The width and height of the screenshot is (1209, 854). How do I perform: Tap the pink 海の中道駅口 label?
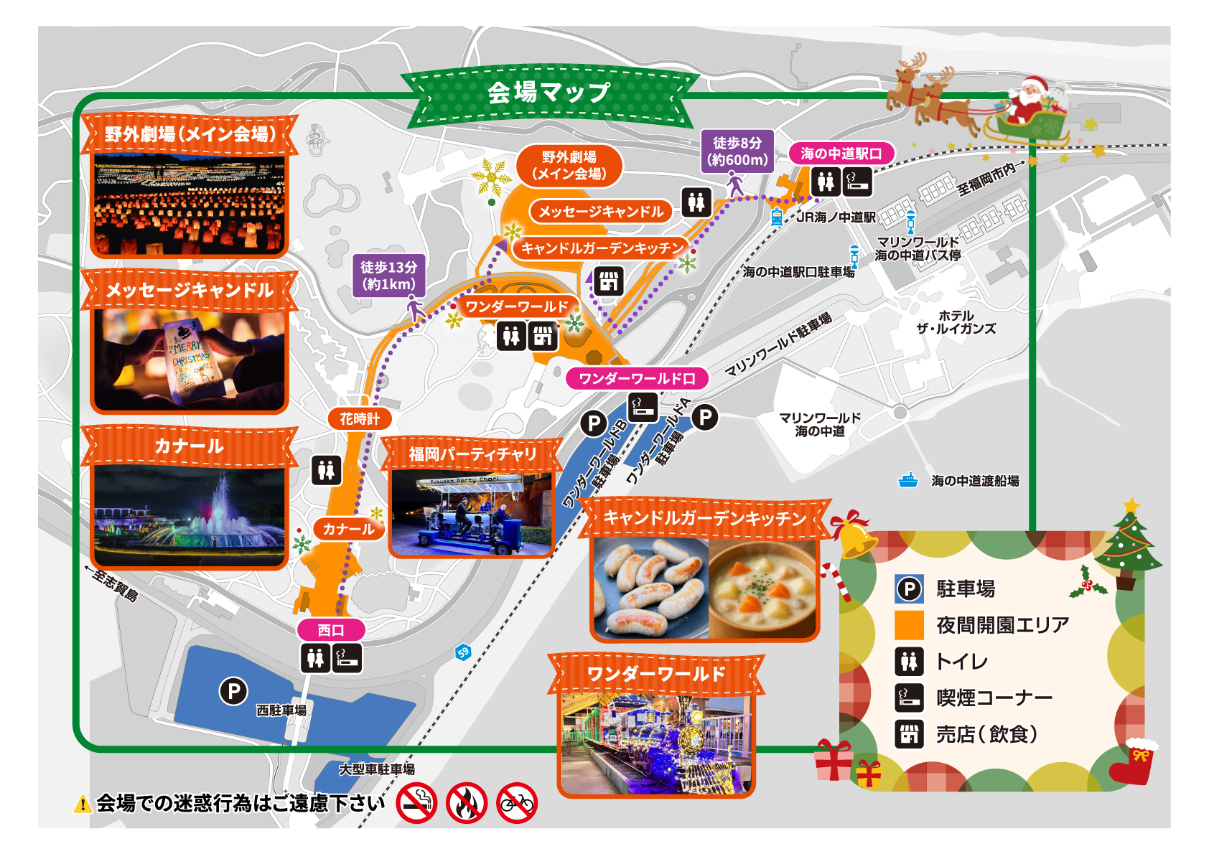(x=841, y=154)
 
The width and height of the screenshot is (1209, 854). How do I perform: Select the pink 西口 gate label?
(x=331, y=630)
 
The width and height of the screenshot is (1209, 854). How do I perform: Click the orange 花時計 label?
(x=359, y=418)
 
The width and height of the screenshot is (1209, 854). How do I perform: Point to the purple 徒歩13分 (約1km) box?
(x=388, y=276)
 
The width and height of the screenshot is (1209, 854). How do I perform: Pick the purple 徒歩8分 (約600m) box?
(x=737, y=151)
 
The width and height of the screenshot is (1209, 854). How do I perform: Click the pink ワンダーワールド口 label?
(x=637, y=378)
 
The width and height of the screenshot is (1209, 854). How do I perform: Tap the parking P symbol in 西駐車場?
(x=233, y=692)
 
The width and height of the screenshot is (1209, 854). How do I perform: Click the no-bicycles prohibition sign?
(x=517, y=803)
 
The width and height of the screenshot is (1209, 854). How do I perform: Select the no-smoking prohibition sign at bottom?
(x=417, y=803)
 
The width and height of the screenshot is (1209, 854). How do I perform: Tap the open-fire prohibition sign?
(x=467, y=803)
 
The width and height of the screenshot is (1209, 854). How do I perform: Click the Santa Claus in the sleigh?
(x=1027, y=100)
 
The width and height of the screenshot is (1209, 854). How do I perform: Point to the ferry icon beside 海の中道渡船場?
(x=908, y=480)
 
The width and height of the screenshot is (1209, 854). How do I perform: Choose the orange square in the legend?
(x=909, y=625)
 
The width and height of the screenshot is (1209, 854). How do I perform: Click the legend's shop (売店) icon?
(x=909, y=734)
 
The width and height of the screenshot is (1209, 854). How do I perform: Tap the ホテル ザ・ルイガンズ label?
(x=956, y=322)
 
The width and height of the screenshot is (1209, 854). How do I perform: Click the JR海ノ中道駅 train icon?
(x=777, y=217)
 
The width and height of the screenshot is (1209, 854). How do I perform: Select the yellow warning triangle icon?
(x=83, y=804)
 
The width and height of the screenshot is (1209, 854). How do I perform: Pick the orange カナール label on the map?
(x=348, y=529)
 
